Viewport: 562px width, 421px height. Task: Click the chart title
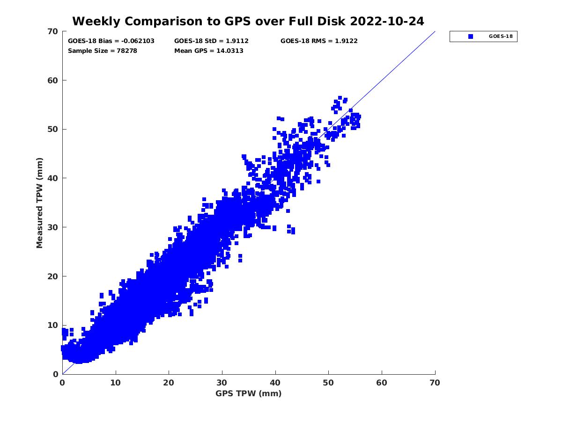(x=248, y=21)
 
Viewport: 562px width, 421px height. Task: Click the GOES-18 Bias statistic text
(x=111, y=41)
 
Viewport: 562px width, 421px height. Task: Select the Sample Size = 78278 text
(x=103, y=51)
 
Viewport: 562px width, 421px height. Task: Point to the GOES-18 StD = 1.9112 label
(x=212, y=41)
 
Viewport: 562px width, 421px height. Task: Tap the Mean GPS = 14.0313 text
(x=209, y=51)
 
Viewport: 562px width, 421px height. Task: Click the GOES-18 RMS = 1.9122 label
(x=319, y=41)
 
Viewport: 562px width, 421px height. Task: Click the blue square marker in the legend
(x=471, y=36)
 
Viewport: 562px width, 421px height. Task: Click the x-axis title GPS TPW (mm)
(x=249, y=393)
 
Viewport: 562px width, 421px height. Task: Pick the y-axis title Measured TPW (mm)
(x=40, y=203)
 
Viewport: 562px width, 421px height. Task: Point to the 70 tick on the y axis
(x=52, y=31)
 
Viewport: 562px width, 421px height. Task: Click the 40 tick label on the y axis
(x=52, y=178)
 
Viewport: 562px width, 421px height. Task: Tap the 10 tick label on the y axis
(x=52, y=325)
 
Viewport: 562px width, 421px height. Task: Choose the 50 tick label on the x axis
(x=329, y=383)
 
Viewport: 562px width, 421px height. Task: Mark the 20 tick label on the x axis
(x=169, y=383)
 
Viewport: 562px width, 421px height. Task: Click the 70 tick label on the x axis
(x=435, y=383)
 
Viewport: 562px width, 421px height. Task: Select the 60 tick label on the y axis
(x=52, y=80)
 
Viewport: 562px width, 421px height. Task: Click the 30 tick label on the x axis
(x=222, y=383)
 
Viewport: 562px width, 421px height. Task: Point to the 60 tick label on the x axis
(x=382, y=383)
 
